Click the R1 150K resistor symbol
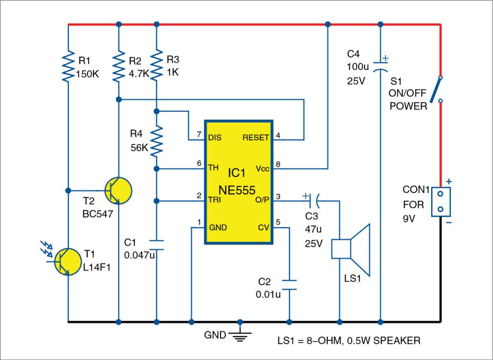[x=68, y=66]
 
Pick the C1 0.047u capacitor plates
[x=157, y=243]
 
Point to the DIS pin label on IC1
[x=215, y=138]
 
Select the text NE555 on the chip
[x=239, y=189]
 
